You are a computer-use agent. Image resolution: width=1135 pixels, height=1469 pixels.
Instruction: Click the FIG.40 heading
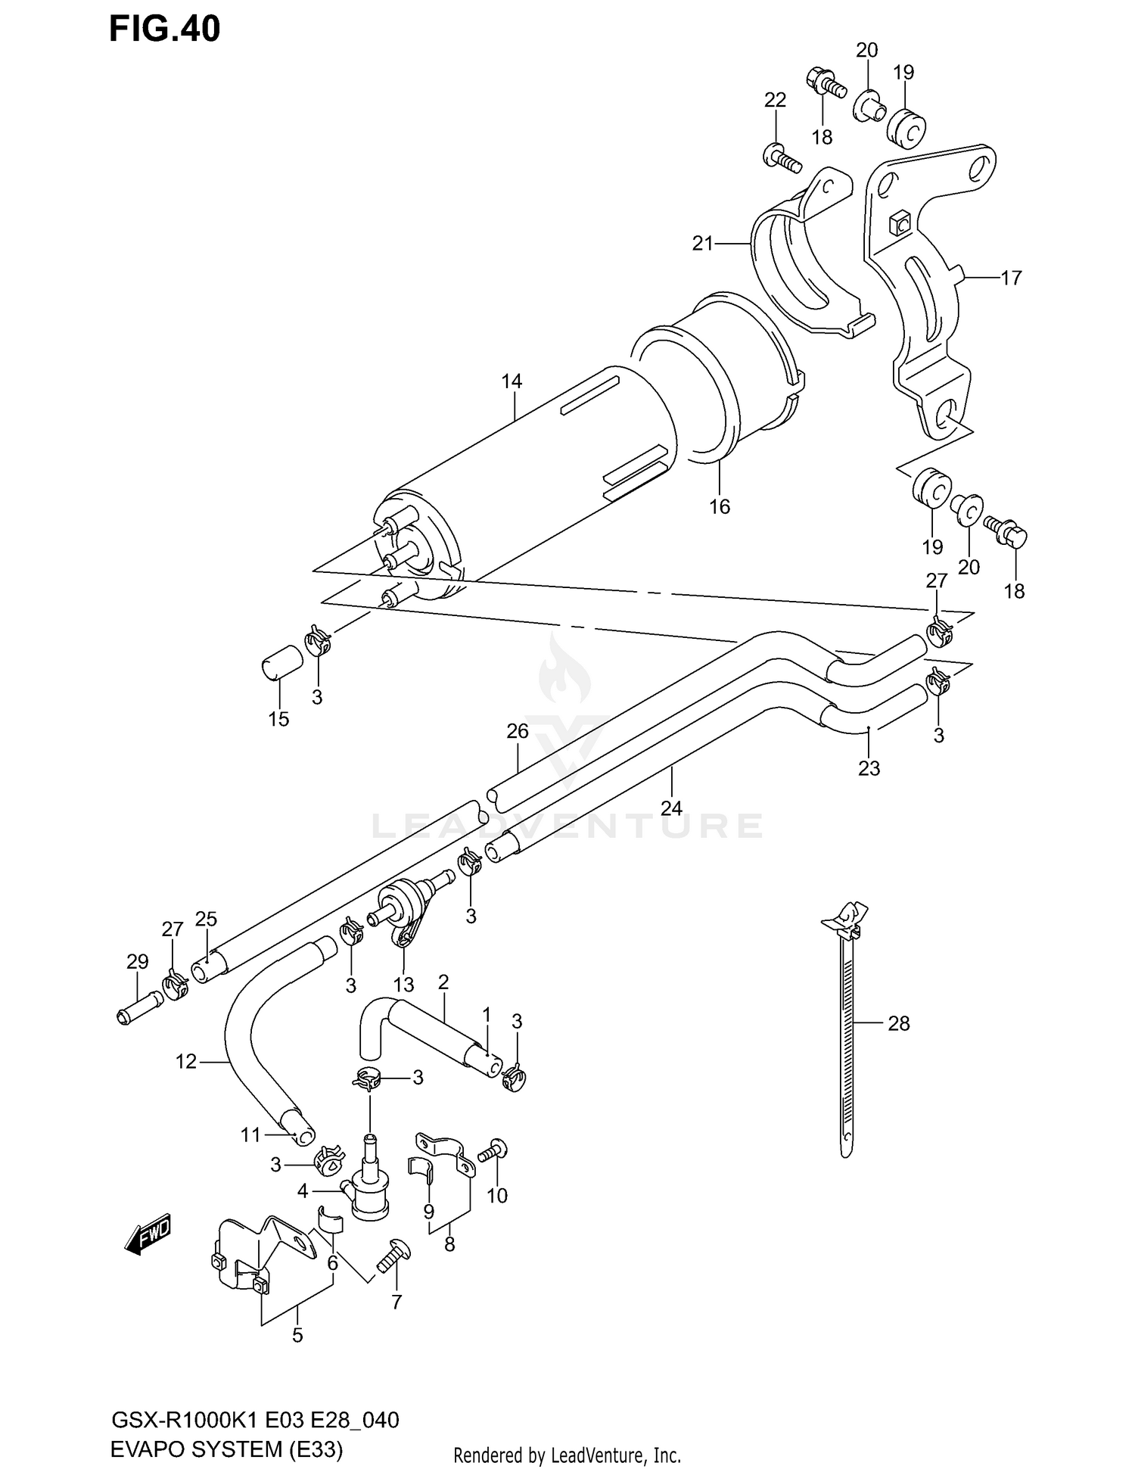(x=164, y=29)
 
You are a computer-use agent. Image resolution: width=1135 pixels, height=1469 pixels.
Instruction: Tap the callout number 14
(x=512, y=381)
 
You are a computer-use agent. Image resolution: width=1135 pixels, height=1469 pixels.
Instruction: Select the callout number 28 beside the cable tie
(x=898, y=1023)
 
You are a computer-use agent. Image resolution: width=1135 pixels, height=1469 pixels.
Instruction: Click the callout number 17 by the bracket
(x=1011, y=278)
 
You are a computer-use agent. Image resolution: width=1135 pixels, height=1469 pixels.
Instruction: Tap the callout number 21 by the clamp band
(x=703, y=244)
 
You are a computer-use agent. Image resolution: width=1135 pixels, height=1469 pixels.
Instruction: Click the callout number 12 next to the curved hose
(x=185, y=1062)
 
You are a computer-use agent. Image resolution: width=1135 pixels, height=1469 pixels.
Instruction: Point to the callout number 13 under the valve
(x=403, y=985)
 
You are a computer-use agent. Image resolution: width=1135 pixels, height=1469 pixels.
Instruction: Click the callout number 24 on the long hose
(x=671, y=808)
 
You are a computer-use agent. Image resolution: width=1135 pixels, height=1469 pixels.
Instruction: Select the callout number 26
(x=518, y=731)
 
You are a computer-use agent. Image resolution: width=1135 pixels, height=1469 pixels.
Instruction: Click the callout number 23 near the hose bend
(x=869, y=768)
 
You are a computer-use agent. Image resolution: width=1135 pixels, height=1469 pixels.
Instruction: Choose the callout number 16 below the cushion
(x=720, y=506)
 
